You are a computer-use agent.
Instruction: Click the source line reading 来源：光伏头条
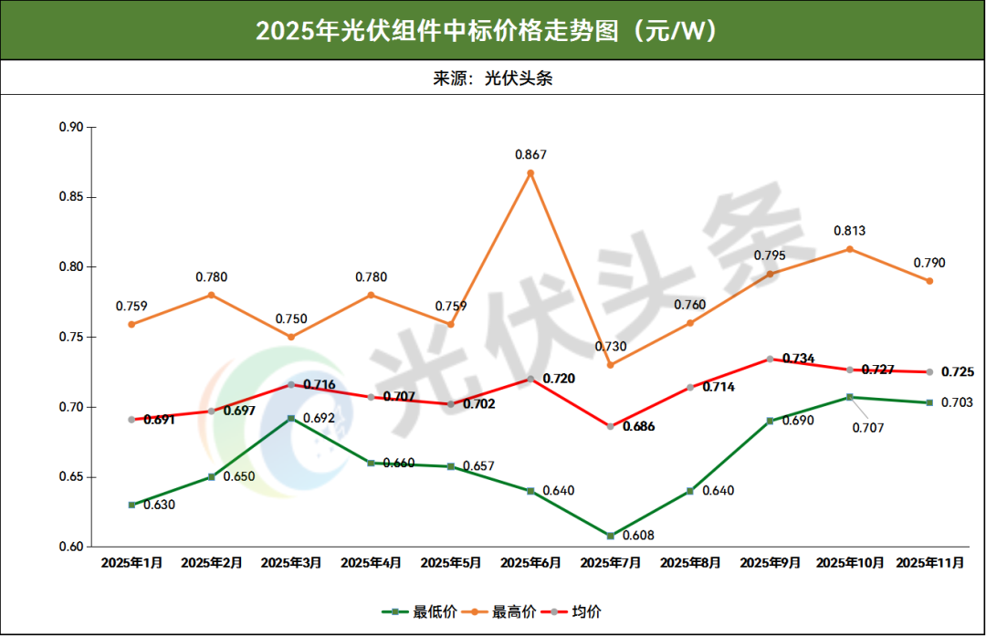[x=493, y=78]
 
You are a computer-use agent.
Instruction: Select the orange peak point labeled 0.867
[x=530, y=172]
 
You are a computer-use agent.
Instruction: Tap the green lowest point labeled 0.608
[x=611, y=536]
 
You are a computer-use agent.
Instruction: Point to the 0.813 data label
[x=849, y=231]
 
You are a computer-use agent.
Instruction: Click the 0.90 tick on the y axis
[x=70, y=128]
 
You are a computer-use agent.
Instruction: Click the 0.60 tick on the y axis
[x=70, y=547]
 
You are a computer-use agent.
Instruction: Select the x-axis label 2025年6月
[x=530, y=564]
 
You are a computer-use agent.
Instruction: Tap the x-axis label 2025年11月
[x=929, y=564]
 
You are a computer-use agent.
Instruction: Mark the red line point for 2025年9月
[x=770, y=359]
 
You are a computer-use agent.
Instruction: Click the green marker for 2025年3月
[x=291, y=418]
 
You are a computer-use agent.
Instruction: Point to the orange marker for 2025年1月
[x=131, y=325]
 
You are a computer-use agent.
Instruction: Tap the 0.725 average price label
[x=957, y=372]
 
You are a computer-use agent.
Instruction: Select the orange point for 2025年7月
[x=611, y=365]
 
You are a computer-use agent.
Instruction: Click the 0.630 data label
[x=159, y=505]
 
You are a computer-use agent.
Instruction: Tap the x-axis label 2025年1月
[x=131, y=564]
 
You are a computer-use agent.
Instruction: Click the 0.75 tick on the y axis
[x=70, y=338]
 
